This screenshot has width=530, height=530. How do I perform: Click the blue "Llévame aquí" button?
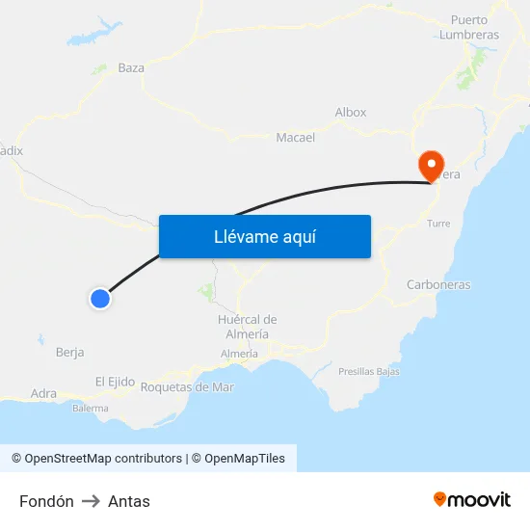click(265, 236)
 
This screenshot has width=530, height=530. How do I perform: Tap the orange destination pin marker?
click(430, 166)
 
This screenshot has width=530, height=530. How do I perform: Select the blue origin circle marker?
click(99, 299)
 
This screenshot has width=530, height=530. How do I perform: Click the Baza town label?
click(131, 67)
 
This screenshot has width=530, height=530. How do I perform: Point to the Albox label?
click(351, 112)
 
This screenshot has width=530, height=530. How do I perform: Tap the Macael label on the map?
click(296, 137)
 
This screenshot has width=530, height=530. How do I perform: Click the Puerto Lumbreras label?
click(469, 27)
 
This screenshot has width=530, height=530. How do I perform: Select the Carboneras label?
click(438, 284)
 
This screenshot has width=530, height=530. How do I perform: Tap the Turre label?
click(437, 223)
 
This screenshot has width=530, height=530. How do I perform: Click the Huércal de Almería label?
click(248, 326)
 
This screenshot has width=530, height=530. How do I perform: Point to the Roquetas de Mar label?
click(187, 386)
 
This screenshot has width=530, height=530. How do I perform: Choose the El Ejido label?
click(115, 382)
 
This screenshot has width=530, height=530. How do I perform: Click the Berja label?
click(70, 352)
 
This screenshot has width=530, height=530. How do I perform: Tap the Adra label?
click(43, 393)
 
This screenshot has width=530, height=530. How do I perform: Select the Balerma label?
click(90, 408)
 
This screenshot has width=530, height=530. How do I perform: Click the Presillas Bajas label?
click(368, 371)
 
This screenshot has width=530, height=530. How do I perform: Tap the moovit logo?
click(472, 499)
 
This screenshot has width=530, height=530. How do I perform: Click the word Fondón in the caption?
click(46, 501)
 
